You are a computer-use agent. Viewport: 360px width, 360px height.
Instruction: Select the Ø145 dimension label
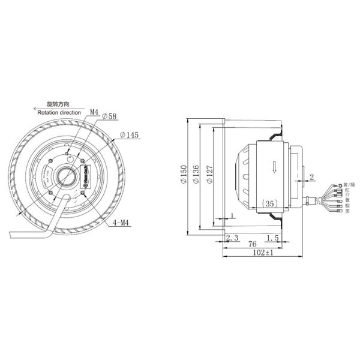click(x=129, y=135)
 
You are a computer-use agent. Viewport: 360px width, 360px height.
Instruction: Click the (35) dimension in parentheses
click(x=271, y=204)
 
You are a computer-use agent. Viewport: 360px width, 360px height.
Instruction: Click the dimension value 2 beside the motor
click(x=313, y=176)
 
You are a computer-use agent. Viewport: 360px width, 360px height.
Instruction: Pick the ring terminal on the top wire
click(x=340, y=185)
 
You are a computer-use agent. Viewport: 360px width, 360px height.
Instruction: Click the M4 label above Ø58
click(x=94, y=112)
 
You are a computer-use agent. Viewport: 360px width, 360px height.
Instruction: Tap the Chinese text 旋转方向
click(x=59, y=104)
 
